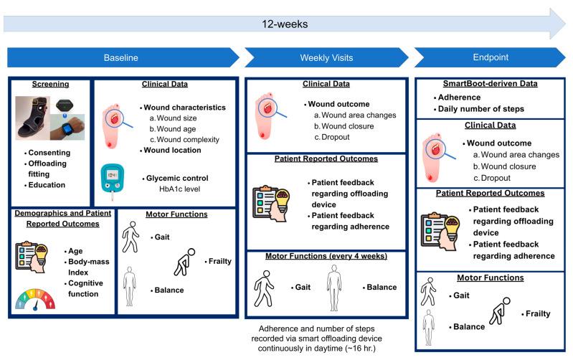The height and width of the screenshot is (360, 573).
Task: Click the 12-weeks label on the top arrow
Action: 287,24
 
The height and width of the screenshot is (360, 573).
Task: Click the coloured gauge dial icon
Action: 34,295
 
